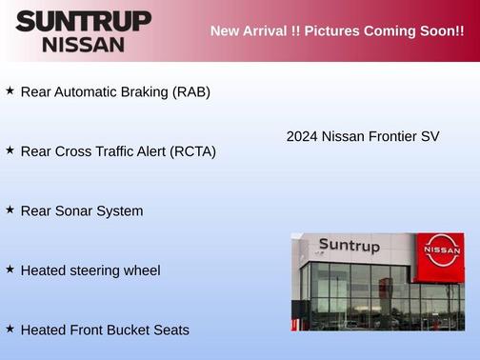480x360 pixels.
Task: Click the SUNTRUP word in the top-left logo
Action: tap(84, 21)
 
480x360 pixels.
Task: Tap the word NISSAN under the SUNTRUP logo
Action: tap(84, 44)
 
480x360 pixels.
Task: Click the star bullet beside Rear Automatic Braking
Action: tap(10, 90)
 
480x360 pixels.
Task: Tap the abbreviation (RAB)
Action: tap(190, 92)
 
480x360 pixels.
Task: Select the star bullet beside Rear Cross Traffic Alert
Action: tap(10, 150)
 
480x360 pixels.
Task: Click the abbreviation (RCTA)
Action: tap(192, 151)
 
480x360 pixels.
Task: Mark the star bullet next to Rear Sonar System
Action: tap(10, 209)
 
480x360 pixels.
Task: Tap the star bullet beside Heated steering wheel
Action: tap(10, 269)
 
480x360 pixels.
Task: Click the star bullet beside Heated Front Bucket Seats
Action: tap(10, 328)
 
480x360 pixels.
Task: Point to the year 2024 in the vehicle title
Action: tap(302, 136)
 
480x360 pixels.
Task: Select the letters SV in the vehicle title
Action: tap(430, 136)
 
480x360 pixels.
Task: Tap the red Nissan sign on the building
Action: tap(444, 250)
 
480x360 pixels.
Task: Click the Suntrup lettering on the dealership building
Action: tap(349, 246)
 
